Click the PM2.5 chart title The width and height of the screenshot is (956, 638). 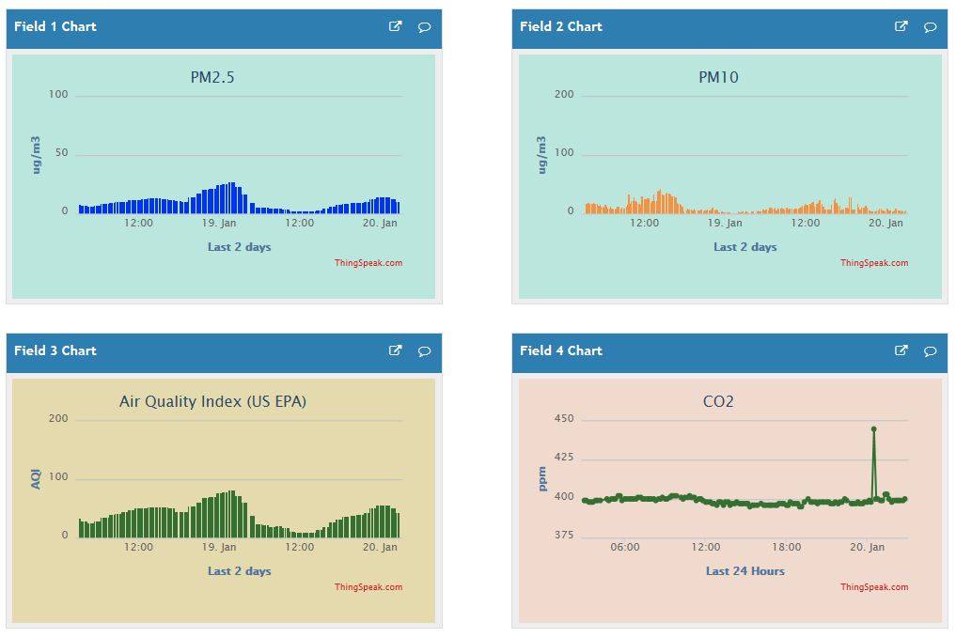(x=212, y=77)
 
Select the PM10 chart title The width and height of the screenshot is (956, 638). (x=718, y=77)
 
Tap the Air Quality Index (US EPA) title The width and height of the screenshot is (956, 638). (x=212, y=401)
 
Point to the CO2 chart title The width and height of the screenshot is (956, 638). (x=718, y=401)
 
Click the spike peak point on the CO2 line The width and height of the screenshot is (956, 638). (x=873, y=428)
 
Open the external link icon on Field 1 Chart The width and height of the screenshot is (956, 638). (x=395, y=26)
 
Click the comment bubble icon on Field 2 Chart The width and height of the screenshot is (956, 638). (x=930, y=27)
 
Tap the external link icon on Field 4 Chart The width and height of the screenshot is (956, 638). (x=901, y=350)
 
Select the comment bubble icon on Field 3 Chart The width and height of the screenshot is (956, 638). (x=424, y=351)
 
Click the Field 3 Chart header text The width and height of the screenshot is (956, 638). (x=55, y=350)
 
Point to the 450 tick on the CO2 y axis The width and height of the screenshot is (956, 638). (x=563, y=418)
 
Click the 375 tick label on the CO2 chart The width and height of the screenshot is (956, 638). (x=563, y=535)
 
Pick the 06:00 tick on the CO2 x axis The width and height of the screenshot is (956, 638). (x=625, y=547)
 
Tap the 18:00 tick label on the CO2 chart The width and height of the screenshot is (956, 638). (x=787, y=547)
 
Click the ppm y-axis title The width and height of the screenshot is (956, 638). (x=542, y=479)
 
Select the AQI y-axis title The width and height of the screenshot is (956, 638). (x=37, y=479)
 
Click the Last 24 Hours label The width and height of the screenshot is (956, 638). (x=744, y=570)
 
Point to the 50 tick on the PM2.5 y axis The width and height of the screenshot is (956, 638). (x=61, y=153)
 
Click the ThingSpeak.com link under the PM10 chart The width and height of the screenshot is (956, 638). (x=874, y=263)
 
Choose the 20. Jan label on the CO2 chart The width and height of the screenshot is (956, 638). (x=867, y=547)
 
